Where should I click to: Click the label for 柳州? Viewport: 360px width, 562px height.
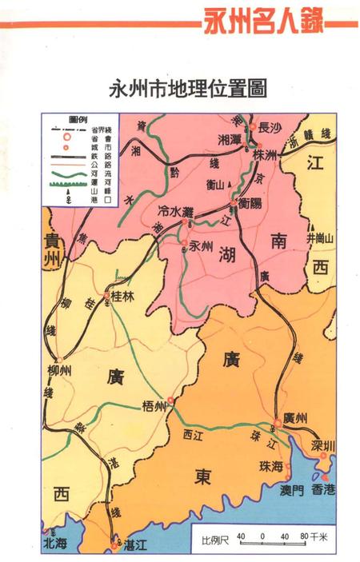(x=60, y=370)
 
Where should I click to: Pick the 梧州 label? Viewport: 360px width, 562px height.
(x=152, y=405)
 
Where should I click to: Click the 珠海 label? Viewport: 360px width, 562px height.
(x=271, y=466)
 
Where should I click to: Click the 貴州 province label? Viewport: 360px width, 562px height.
(x=52, y=249)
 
